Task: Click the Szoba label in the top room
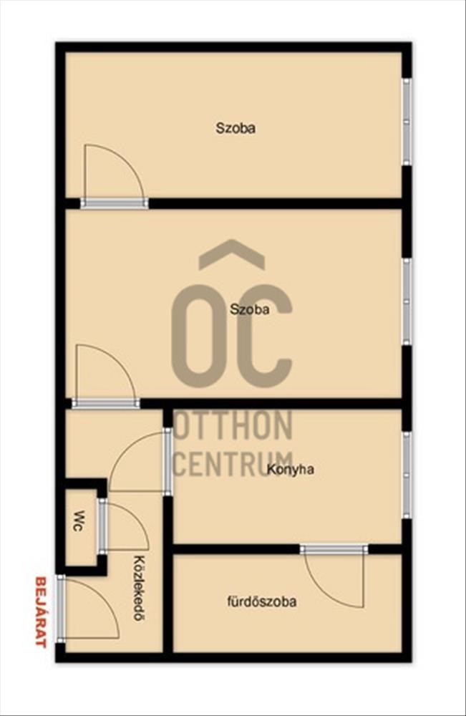[x=236, y=128]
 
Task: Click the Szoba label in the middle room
[x=250, y=309]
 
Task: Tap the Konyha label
[x=291, y=470]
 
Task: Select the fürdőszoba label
[x=262, y=601]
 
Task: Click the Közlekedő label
[x=137, y=588]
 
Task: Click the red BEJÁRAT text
[x=41, y=612]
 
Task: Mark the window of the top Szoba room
[x=407, y=122]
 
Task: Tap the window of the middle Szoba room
[x=407, y=301]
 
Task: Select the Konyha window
[x=407, y=475]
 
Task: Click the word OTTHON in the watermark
[x=233, y=425]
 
